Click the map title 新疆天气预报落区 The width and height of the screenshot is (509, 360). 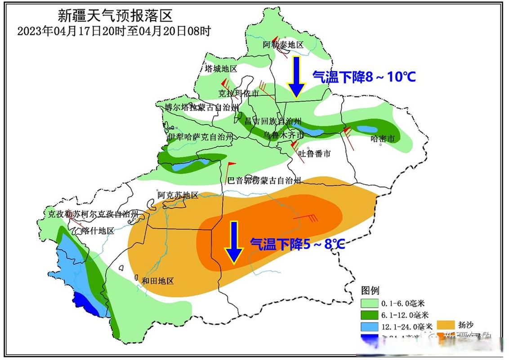point(115,16)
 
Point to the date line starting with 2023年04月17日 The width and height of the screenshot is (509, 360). point(114,31)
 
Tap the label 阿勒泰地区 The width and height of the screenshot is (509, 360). point(284,45)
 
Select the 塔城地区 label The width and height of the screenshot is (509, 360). point(220,69)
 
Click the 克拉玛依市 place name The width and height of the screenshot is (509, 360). point(238,94)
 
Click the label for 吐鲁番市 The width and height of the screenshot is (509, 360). point(315,154)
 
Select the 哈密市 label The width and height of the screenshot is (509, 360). point(382,139)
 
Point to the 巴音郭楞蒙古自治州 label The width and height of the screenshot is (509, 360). point(264,181)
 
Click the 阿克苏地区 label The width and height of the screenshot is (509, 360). point(178,195)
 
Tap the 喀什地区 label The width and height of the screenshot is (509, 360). point(98,231)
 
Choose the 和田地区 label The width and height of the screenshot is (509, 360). point(158,281)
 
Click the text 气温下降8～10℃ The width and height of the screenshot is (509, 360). point(364,77)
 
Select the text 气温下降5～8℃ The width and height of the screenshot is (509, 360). point(298,244)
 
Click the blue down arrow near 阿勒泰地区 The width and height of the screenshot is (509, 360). point(295,77)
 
